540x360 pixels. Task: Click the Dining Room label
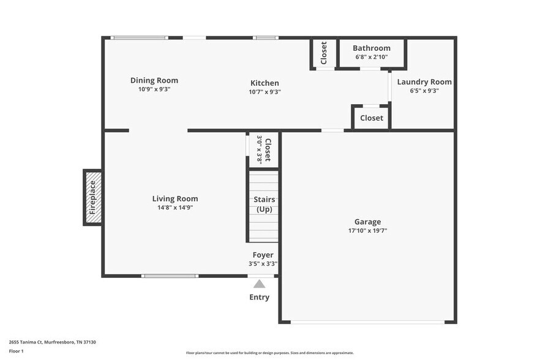pyautogui.click(x=154, y=80)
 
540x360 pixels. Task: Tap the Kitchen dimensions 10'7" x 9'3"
pyautogui.click(x=264, y=92)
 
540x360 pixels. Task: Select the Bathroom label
pyautogui.click(x=371, y=48)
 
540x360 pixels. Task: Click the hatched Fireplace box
pyautogui.click(x=92, y=197)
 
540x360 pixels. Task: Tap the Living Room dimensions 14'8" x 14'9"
pyautogui.click(x=175, y=208)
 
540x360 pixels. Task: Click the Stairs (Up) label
pyautogui.click(x=264, y=204)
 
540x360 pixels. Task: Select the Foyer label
pyautogui.click(x=263, y=255)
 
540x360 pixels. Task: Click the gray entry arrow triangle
pyautogui.click(x=260, y=283)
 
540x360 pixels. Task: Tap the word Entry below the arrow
pyautogui.click(x=259, y=298)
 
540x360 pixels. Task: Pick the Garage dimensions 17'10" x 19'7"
pyautogui.click(x=367, y=231)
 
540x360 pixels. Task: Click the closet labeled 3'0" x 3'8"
pyautogui.click(x=264, y=150)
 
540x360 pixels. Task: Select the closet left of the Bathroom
pyautogui.click(x=324, y=53)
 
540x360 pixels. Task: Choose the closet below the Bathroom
pyautogui.click(x=371, y=118)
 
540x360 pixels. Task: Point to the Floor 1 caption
pyautogui.click(x=17, y=351)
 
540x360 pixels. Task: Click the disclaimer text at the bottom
pyautogui.click(x=269, y=353)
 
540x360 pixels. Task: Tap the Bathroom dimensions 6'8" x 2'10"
pyautogui.click(x=371, y=57)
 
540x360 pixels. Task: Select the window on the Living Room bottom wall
pyautogui.click(x=170, y=276)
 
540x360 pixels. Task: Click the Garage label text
pyautogui.click(x=367, y=222)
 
